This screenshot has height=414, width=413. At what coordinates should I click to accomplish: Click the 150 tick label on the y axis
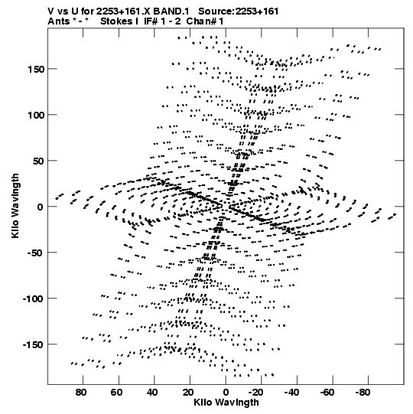pyautogui.click(x=36, y=69)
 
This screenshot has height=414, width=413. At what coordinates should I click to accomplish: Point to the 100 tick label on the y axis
pyautogui.click(x=36, y=115)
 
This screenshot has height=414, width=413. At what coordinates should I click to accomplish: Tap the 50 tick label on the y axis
pyautogui.click(x=38, y=161)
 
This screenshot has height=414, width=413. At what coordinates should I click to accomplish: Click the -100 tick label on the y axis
pyautogui.click(x=33, y=299)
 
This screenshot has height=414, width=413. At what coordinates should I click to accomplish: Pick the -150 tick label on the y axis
pyautogui.click(x=33, y=345)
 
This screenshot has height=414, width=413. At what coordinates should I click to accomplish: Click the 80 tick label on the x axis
pyautogui.click(x=81, y=393)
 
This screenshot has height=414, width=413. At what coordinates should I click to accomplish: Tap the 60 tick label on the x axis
pyautogui.click(x=117, y=393)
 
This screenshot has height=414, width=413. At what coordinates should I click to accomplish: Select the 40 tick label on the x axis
pyautogui.click(x=152, y=393)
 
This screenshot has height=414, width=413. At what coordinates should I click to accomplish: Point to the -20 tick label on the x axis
pyautogui.click(x=255, y=393)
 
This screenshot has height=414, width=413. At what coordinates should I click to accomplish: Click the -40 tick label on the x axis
pyautogui.click(x=291, y=393)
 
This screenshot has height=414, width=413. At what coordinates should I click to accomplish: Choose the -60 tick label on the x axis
pyautogui.click(x=327, y=393)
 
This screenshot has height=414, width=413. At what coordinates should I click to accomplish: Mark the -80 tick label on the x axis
pyautogui.click(x=363, y=393)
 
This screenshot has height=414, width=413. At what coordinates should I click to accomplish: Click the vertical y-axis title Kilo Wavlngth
pyautogui.click(x=15, y=206)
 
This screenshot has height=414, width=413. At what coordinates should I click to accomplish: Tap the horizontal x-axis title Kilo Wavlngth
pyautogui.click(x=226, y=403)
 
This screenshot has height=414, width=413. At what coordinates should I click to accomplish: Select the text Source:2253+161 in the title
pyautogui.click(x=239, y=11)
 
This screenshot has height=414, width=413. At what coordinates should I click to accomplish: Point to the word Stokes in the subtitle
pyautogui.click(x=116, y=21)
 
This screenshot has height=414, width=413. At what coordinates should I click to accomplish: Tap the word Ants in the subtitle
pyautogui.click(x=58, y=21)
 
